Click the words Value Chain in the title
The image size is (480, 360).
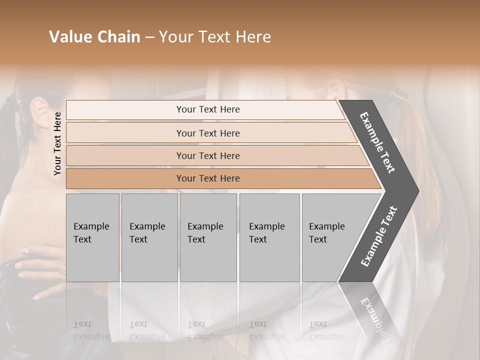[x=94, y=37]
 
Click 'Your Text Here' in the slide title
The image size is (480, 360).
[x=215, y=37]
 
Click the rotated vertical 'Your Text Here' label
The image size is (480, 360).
[x=57, y=143]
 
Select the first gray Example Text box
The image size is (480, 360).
[x=92, y=237]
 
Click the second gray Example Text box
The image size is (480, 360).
[x=149, y=237]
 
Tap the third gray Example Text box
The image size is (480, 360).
[x=208, y=237]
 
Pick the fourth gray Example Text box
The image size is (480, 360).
[x=269, y=237]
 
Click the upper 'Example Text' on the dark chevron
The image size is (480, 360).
[x=377, y=142]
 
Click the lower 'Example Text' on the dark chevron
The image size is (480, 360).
[x=378, y=236]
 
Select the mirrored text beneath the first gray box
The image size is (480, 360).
[x=91, y=330]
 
